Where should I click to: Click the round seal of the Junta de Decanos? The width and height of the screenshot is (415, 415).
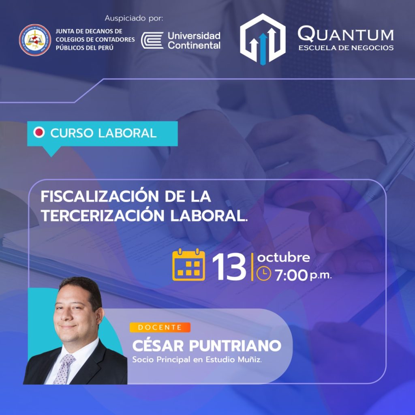35,40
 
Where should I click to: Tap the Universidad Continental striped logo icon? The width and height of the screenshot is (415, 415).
152,41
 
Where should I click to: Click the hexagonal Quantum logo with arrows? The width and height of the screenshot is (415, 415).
263,39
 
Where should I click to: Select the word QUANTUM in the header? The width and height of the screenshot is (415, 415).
346,34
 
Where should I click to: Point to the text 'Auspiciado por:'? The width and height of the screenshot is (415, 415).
134,18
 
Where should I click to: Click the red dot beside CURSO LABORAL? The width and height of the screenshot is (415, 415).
39,132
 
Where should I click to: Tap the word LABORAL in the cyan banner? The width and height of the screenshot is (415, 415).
127,133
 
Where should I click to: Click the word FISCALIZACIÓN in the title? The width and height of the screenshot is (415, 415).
100,196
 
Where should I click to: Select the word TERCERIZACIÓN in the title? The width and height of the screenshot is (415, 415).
103,216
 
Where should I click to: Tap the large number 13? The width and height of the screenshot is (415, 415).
229,267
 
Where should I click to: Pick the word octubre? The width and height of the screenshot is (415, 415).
283,257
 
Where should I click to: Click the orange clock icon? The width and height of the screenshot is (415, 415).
264,274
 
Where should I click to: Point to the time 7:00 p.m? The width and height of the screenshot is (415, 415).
303,275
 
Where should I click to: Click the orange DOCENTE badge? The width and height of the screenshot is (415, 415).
160,327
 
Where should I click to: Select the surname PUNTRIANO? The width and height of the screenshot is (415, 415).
235,346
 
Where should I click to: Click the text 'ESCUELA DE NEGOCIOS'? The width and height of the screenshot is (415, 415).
346,48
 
